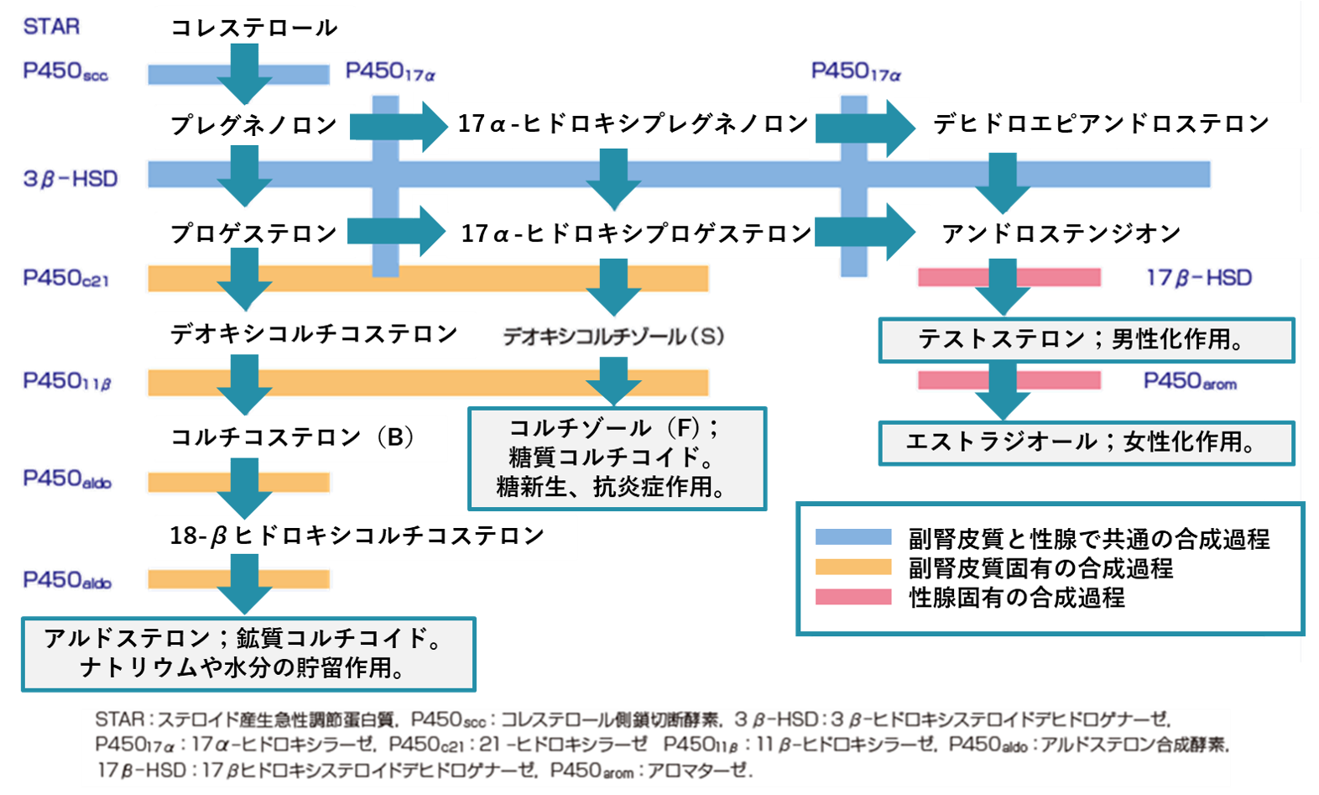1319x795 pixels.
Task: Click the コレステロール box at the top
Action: click(254, 29)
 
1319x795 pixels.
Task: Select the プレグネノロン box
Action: click(254, 126)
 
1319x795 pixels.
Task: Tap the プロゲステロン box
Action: click(254, 234)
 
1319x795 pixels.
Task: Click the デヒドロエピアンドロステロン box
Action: click(1101, 124)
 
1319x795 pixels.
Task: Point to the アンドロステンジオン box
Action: click(1061, 233)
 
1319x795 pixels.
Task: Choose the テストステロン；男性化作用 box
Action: click(1086, 340)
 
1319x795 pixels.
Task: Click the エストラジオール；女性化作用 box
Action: click(1086, 442)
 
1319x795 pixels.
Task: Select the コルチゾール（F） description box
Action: click(617, 458)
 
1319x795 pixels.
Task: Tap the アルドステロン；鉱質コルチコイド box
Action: click(248, 654)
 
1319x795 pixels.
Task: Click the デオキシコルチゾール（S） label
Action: click(613, 337)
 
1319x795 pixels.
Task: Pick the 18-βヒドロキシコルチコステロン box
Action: click(365, 536)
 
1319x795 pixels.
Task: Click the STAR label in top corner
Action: click(51, 27)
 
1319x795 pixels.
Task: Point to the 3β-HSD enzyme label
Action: click(70, 178)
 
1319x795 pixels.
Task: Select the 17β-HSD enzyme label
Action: click(1198, 278)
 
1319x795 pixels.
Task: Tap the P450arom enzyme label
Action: click(1190, 382)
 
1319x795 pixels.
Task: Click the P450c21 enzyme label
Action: click(65, 278)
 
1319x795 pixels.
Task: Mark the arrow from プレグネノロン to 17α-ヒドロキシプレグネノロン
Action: click(399, 126)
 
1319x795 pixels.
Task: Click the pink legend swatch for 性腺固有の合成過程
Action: click(852, 597)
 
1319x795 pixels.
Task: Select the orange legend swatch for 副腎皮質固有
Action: click(852, 567)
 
